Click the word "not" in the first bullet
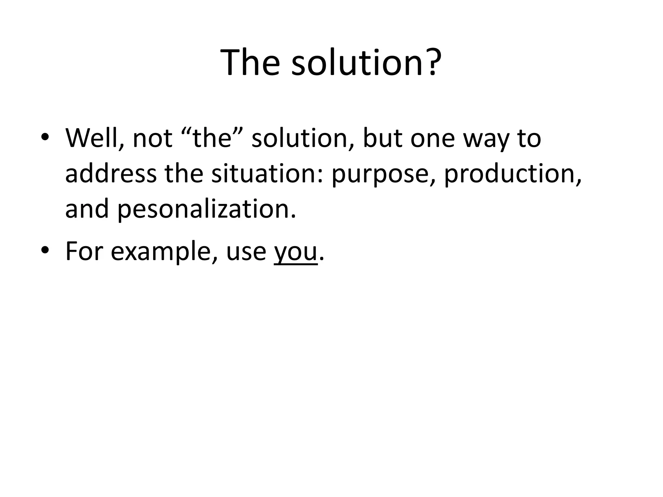point(152,138)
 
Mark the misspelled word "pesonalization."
point(206,210)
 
